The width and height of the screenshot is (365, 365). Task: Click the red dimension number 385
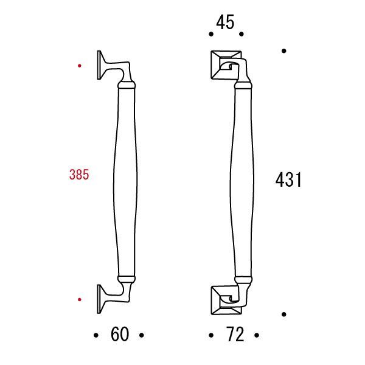[x=79, y=175]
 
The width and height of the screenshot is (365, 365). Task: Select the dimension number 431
[x=288, y=180]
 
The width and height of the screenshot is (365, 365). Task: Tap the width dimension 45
[x=225, y=23]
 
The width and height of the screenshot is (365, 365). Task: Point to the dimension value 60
[x=120, y=335]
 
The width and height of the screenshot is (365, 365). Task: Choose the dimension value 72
[x=234, y=335]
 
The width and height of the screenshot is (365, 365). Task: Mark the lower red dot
[x=80, y=299]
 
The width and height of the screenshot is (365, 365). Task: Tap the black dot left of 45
[x=210, y=34]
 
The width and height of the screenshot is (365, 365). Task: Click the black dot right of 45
[x=241, y=34]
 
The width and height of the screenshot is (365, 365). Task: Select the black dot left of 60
[x=96, y=335]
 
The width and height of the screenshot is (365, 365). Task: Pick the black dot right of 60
[x=142, y=335]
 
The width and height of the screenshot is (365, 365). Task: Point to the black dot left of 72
[x=210, y=335]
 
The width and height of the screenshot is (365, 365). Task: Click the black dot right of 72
[x=257, y=335]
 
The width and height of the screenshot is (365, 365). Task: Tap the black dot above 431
[x=284, y=51]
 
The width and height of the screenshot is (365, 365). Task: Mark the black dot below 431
[x=284, y=314]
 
